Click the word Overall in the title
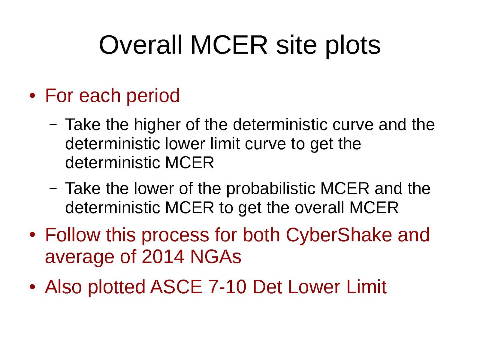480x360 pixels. (x=140, y=45)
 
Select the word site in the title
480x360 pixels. (x=296, y=45)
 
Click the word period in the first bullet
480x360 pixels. (x=153, y=96)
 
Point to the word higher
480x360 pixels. (x=157, y=125)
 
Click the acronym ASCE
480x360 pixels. (x=176, y=287)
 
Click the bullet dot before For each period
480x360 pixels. (x=32, y=96)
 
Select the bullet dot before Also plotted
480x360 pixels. (x=32, y=287)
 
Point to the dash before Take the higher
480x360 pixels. (x=53, y=125)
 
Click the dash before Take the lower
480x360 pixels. (x=53, y=188)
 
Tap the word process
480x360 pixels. (x=175, y=236)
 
